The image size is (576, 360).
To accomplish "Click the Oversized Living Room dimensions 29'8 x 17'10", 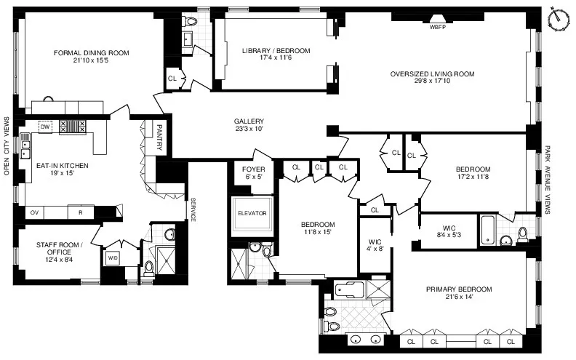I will pyautogui.click(x=431, y=83).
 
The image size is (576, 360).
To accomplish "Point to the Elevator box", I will pyautogui.click(x=252, y=213).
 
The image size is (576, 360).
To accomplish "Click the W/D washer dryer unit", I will pyautogui.click(x=113, y=258).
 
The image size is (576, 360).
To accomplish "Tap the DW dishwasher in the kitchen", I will pyautogui.click(x=45, y=126).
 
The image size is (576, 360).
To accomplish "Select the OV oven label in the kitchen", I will pyautogui.click(x=34, y=212).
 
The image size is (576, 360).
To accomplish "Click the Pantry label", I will pyautogui.click(x=159, y=137).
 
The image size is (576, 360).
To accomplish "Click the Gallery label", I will pyautogui.click(x=249, y=121).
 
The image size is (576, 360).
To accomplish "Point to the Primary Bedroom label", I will pyautogui.click(x=458, y=289).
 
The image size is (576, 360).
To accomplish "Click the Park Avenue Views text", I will pyautogui.click(x=546, y=180).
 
